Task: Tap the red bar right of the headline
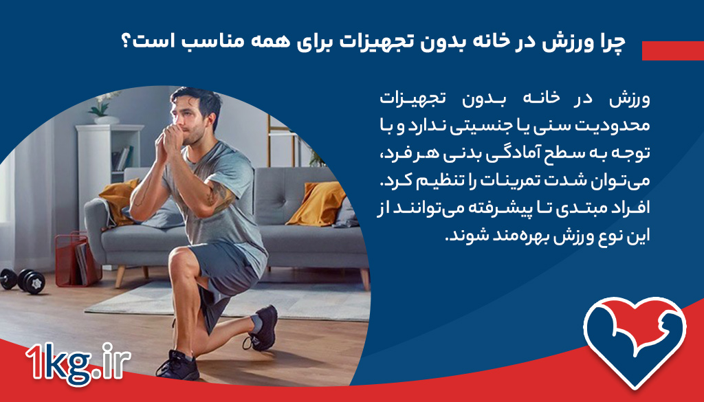[x=672, y=50]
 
